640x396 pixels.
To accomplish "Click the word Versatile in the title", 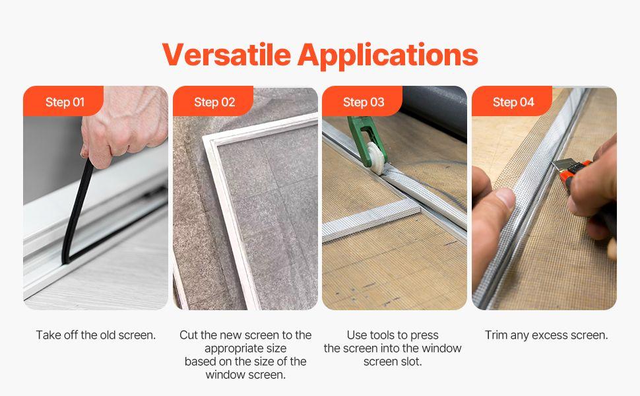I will (x=226, y=54).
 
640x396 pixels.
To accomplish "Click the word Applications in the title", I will (x=387, y=55).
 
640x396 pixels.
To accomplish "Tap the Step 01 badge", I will (x=65, y=102).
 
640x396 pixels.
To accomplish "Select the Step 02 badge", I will (x=214, y=102).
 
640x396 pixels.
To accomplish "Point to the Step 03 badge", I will (x=364, y=102).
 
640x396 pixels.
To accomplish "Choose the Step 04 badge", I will (x=513, y=102).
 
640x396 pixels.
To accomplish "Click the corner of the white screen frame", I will (x=210, y=142).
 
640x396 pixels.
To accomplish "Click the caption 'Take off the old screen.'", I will (x=96, y=335).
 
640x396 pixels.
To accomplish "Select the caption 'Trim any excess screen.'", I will (x=546, y=335).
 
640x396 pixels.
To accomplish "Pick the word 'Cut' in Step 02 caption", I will (x=189, y=335).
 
